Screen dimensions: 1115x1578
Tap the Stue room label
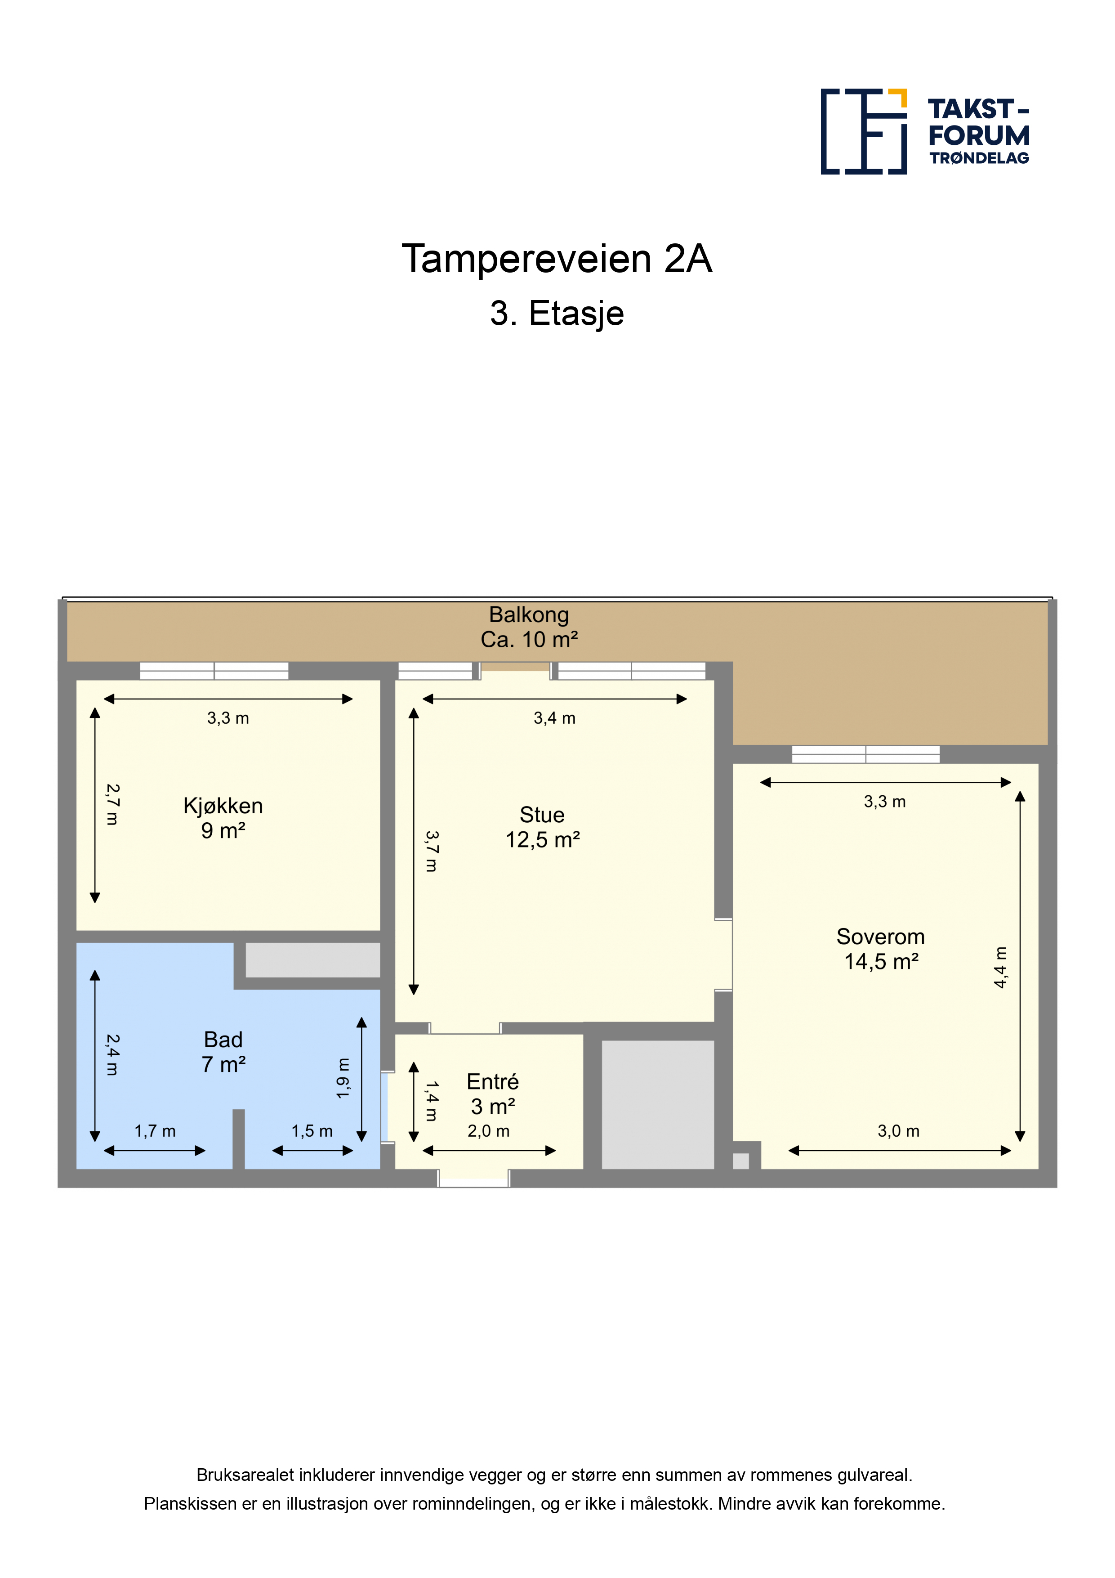tap(542, 815)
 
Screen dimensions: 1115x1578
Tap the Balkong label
tap(529, 614)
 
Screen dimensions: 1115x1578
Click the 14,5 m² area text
tap(881, 961)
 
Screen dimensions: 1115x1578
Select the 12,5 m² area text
tap(543, 840)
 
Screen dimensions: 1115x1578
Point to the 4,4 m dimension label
tap(1000, 967)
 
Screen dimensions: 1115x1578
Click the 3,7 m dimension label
tap(432, 851)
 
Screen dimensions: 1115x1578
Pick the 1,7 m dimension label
tap(155, 1130)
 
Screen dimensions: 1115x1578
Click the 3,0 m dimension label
tap(899, 1130)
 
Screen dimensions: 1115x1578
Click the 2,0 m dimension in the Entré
tap(488, 1130)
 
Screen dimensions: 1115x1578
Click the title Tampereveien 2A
tap(557, 258)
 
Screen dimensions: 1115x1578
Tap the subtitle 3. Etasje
tap(557, 314)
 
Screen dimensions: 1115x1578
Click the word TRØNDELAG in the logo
tap(980, 158)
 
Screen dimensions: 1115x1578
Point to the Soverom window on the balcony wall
tap(865, 754)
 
